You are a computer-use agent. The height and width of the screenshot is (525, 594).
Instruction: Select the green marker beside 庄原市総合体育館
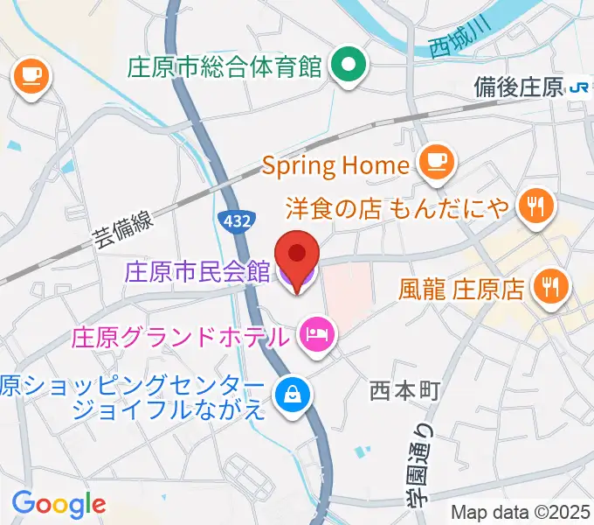(349, 65)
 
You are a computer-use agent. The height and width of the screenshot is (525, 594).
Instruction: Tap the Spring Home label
(335, 164)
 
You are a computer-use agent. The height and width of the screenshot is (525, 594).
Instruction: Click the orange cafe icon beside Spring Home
(436, 162)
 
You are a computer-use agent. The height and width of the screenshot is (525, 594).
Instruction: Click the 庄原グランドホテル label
(181, 336)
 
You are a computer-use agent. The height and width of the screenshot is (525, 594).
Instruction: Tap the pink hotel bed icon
(314, 333)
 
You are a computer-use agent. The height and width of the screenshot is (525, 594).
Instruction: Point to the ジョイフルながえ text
(169, 409)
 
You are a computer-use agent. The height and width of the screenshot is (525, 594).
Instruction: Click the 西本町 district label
(404, 390)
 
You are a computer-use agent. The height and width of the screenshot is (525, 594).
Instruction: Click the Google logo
(59, 504)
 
